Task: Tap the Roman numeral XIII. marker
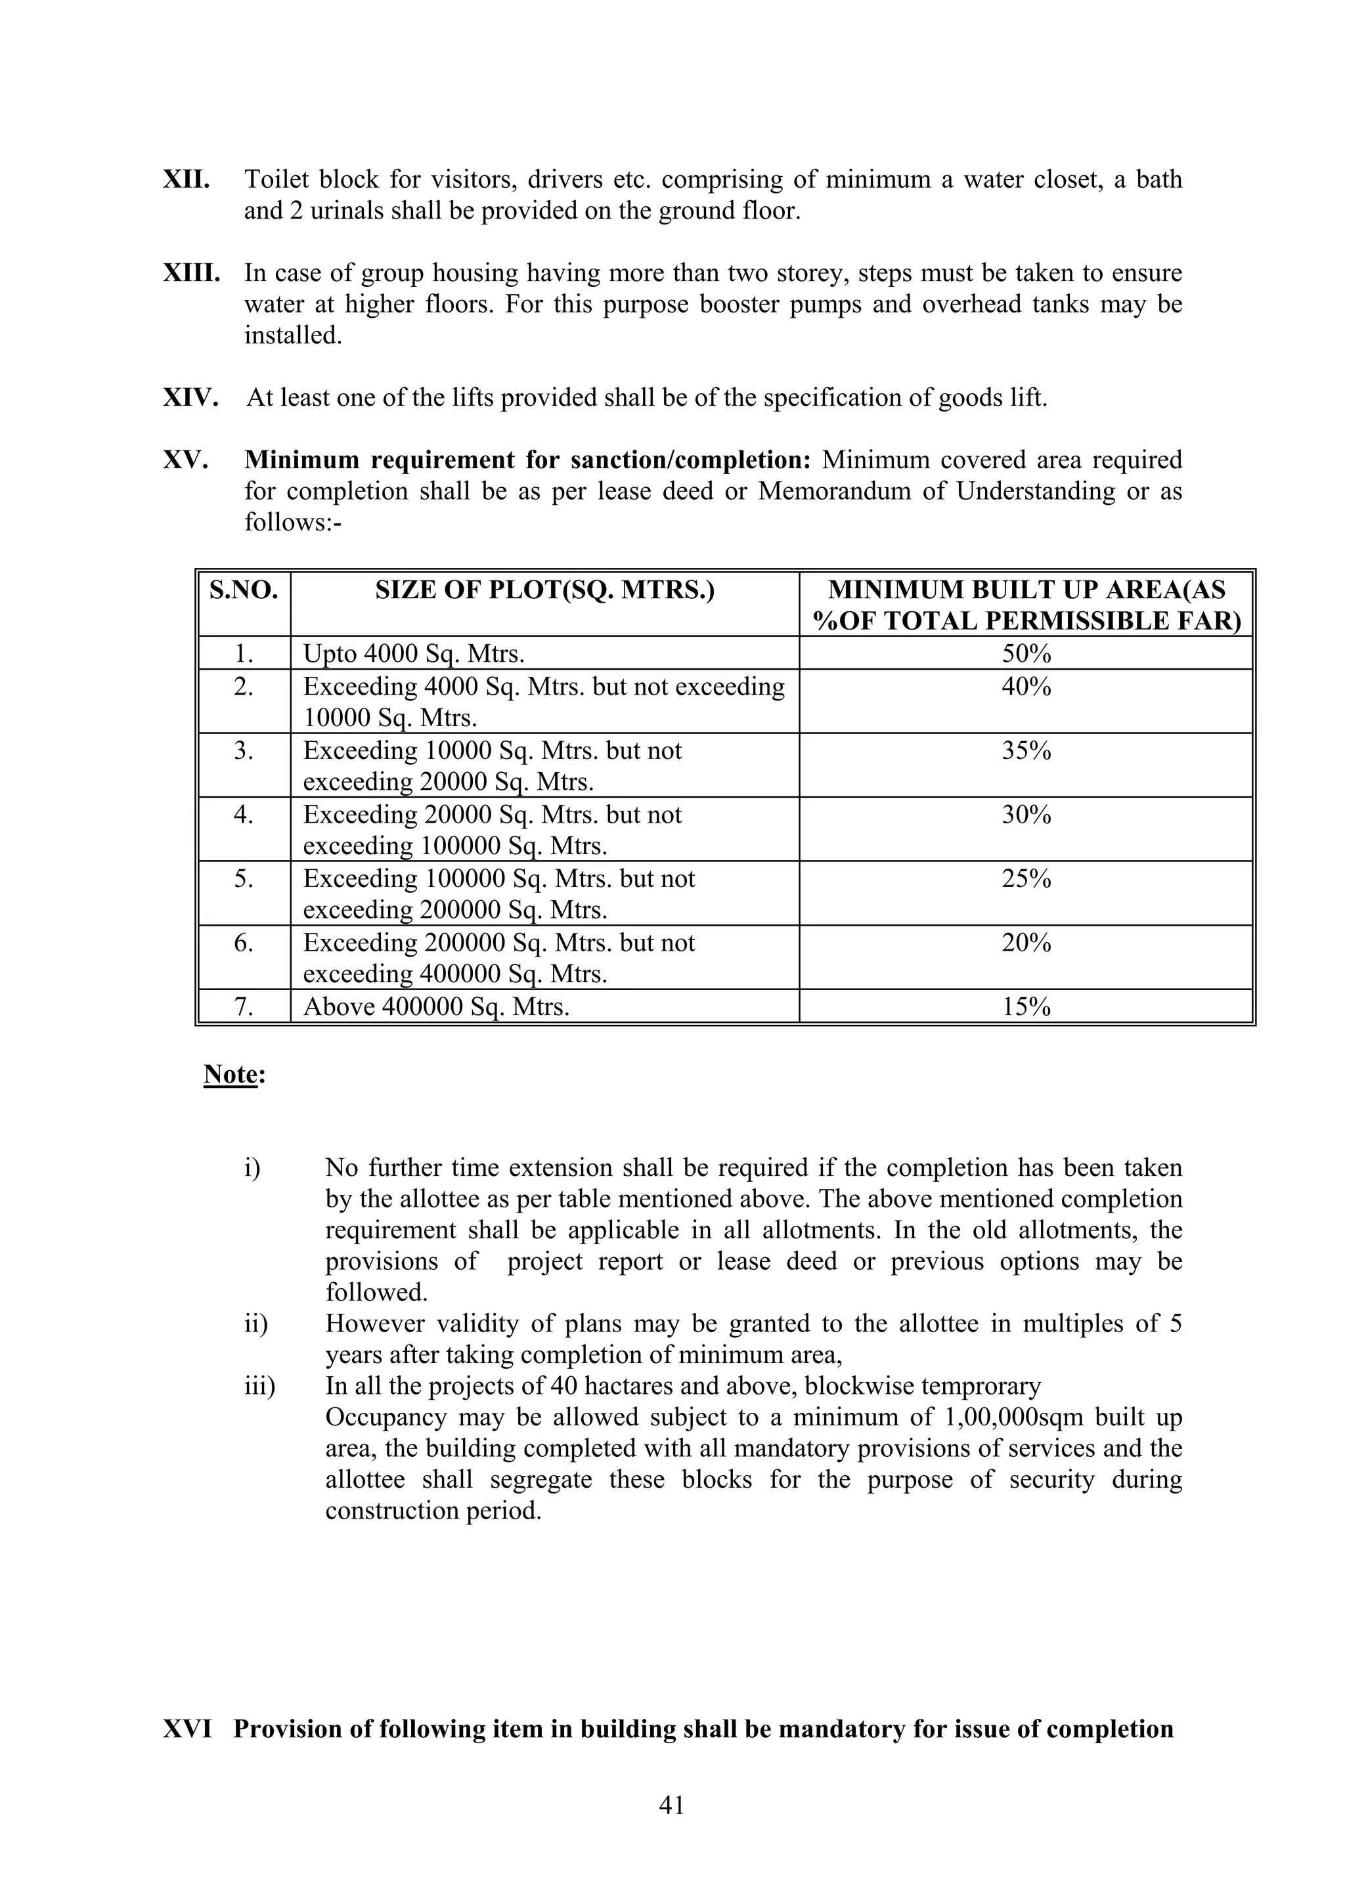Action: pos(191,273)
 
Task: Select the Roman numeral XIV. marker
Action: pos(190,399)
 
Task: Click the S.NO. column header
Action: pos(244,591)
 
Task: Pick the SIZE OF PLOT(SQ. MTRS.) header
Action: pos(544,591)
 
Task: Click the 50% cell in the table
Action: pos(1026,655)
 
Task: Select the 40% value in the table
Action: pos(1026,687)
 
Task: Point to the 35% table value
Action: pos(1026,751)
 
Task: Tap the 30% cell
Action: pos(1026,815)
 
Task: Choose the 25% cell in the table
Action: pos(1026,879)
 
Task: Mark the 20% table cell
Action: pos(1026,943)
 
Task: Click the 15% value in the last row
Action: pos(1026,1007)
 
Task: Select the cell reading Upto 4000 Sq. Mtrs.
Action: pos(414,655)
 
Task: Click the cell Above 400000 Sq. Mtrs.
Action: pos(436,1007)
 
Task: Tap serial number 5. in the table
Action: pos(244,879)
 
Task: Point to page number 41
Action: pos(671,1805)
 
